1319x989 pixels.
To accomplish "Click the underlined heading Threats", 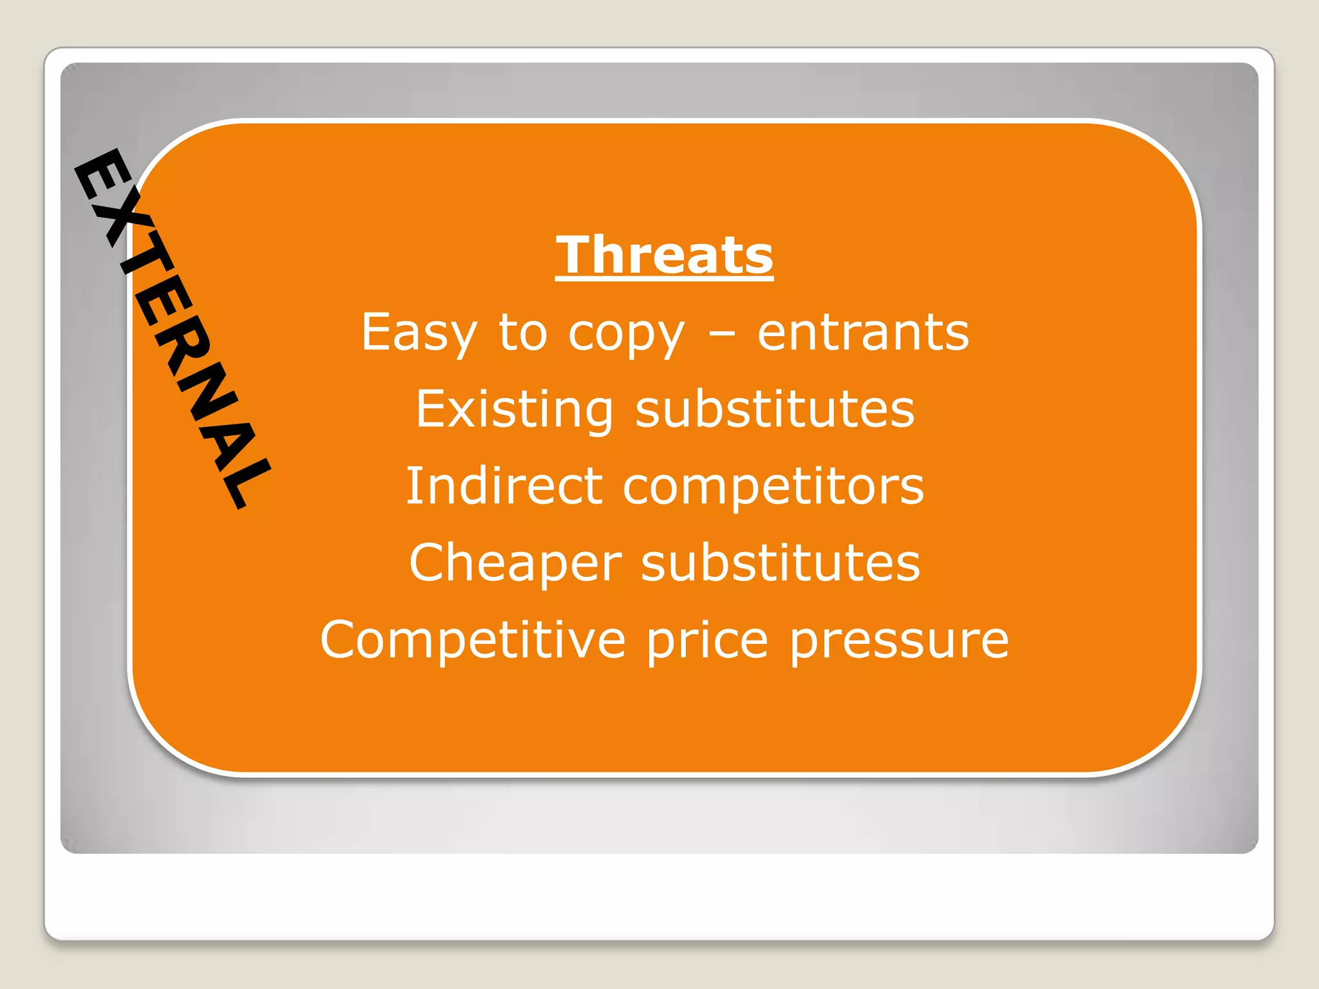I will [x=664, y=255].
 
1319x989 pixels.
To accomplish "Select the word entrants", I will [x=863, y=332].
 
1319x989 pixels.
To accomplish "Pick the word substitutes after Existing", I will [x=775, y=410].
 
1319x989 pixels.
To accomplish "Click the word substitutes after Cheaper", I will [x=781, y=563].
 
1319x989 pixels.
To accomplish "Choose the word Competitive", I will [x=473, y=641].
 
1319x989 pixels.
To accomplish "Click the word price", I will [x=707, y=641].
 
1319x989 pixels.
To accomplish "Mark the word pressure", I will [x=899, y=641].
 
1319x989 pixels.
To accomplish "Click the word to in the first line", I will [x=522, y=332].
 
